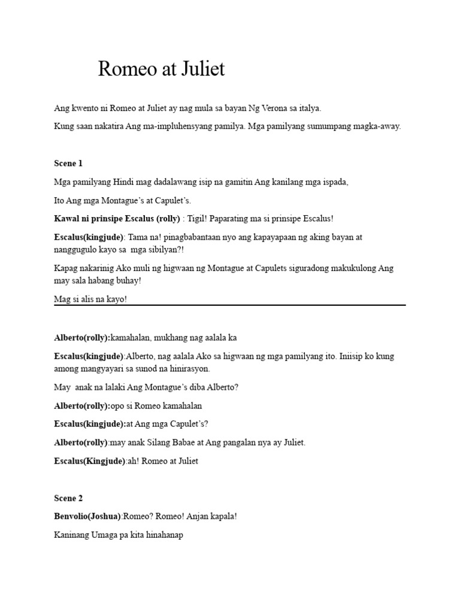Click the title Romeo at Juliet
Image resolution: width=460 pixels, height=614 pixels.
(161, 69)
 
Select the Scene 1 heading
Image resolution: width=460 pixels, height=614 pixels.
(68, 163)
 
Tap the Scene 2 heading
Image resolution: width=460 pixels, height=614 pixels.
(68, 498)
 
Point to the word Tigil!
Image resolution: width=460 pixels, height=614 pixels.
(199, 219)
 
